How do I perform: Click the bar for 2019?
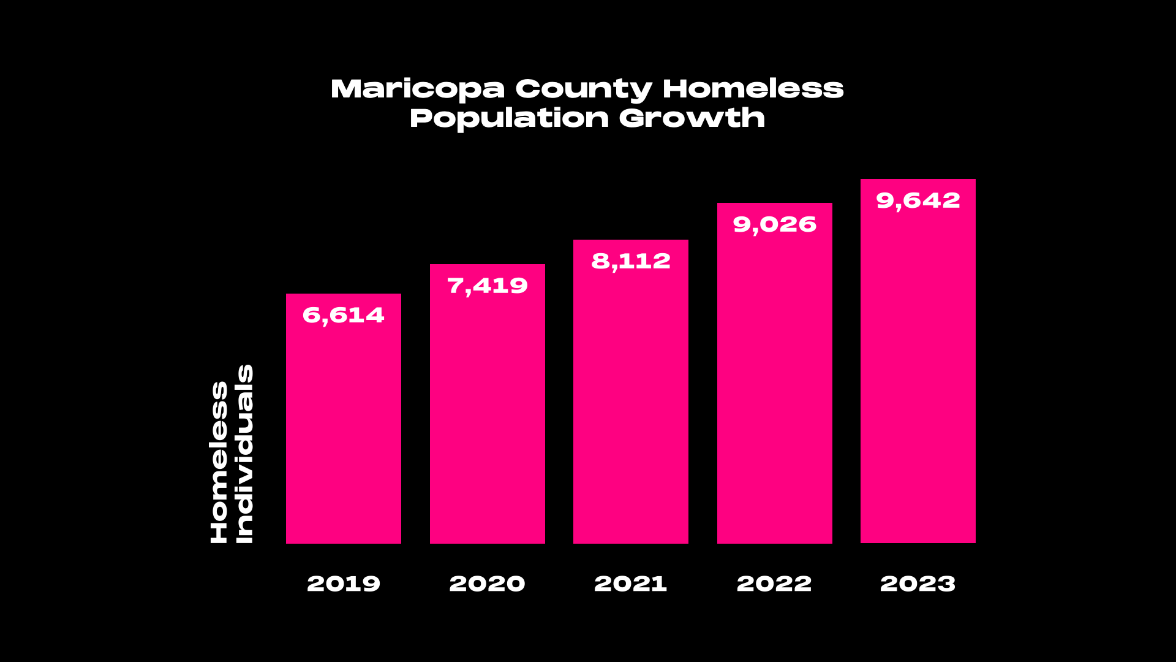tap(344, 429)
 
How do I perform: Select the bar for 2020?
tap(488, 417)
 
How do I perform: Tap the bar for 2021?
tap(631, 405)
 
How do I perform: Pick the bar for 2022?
tap(775, 386)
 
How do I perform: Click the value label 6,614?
tap(344, 316)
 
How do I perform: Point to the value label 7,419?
tap(488, 286)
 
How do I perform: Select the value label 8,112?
tap(631, 262)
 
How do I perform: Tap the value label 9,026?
tap(775, 225)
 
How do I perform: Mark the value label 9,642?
tap(918, 201)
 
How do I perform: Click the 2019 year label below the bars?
tap(344, 584)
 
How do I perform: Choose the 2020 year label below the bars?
tap(488, 584)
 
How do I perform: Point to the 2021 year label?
tap(631, 584)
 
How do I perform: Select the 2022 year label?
tap(774, 584)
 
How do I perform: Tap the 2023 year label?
tap(918, 584)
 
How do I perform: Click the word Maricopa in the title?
tap(418, 89)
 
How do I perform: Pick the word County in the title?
tap(584, 89)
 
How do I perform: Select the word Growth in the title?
tap(692, 118)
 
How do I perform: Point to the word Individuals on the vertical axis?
tap(244, 454)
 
